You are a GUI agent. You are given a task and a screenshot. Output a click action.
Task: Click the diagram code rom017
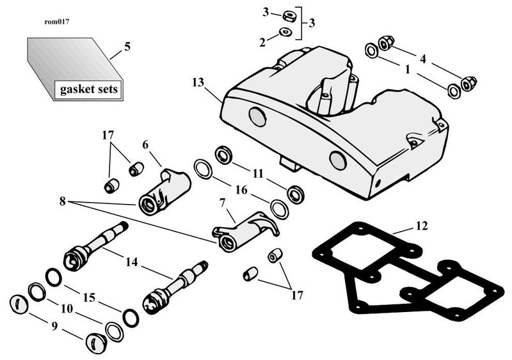click(56, 22)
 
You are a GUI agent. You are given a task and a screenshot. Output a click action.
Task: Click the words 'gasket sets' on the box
click(88, 89)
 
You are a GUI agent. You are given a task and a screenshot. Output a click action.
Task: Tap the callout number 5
click(127, 47)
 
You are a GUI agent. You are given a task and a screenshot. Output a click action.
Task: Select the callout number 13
click(198, 82)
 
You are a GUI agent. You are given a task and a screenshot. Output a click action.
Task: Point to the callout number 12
click(422, 226)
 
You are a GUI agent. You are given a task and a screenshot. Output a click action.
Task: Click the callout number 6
click(145, 145)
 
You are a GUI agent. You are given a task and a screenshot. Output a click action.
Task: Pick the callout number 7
click(222, 203)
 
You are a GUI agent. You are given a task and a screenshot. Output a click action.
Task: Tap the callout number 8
click(62, 201)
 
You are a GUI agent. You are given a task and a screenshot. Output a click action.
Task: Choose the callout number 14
click(132, 262)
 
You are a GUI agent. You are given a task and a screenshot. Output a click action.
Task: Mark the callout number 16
click(241, 190)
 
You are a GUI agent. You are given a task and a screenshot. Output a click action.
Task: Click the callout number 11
click(258, 173)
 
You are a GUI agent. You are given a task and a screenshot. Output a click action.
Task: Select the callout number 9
click(54, 325)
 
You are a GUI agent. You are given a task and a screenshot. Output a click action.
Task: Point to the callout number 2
click(262, 42)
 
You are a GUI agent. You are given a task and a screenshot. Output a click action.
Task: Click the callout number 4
click(423, 59)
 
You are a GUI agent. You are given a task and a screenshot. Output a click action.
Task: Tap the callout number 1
click(407, 70)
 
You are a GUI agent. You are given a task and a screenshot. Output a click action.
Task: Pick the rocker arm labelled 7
click(246, 231)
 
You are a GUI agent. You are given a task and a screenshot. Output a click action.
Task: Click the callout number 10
click(67, 308)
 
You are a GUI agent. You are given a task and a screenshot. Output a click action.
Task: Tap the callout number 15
click(89, 297)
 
